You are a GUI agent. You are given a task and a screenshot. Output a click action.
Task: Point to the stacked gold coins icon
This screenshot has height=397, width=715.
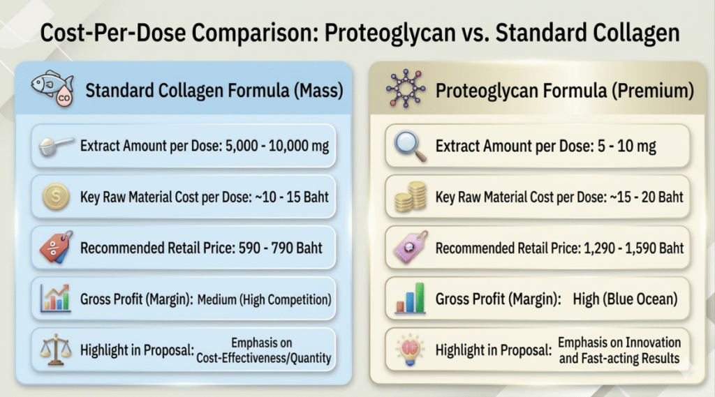[x=408, y=198]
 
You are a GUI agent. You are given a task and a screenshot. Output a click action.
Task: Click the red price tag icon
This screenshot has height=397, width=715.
[x=56, y=248]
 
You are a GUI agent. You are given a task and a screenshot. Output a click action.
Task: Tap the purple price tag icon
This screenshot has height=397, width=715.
[x=408, y=248]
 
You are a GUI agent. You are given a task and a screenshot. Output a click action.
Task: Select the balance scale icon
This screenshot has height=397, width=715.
[x=55, y=349]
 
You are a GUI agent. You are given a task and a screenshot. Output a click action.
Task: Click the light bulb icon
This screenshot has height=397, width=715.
[x=408, y=350]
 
